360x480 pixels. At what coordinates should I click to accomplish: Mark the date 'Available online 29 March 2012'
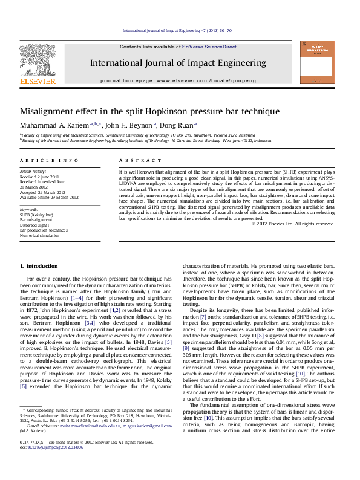49,197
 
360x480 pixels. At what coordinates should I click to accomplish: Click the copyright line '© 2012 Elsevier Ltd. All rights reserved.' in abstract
293,224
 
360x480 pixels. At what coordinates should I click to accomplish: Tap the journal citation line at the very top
177,30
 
